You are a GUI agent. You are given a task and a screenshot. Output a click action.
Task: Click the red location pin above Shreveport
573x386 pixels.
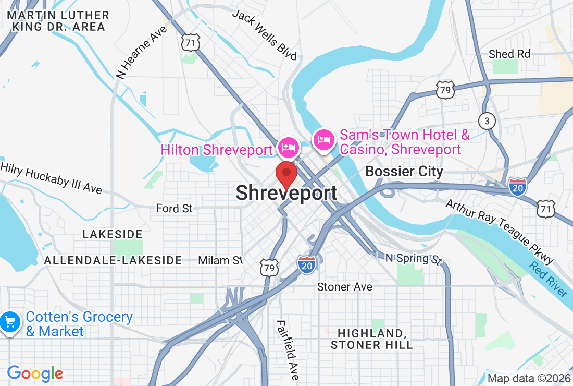point(286,174)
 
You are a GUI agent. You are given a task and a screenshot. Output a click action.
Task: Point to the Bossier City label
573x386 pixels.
point(404,171)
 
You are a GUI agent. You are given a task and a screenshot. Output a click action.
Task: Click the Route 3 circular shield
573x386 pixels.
point(487,122)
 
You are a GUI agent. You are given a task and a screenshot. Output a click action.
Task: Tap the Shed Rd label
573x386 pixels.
point(509,54)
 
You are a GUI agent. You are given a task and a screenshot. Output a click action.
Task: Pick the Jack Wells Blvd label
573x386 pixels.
point(265,34)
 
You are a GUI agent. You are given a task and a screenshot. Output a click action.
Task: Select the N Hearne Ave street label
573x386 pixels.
point(142,52)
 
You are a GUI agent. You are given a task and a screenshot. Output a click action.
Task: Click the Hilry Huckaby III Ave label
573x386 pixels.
point(51,177)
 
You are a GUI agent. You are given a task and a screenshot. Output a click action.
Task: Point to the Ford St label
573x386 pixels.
point(174,209)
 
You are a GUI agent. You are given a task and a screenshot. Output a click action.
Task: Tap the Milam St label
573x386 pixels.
point(221,260)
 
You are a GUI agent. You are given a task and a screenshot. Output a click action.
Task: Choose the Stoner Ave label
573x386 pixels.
point(345,287)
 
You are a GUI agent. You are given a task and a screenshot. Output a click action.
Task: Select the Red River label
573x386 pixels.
point(548,279)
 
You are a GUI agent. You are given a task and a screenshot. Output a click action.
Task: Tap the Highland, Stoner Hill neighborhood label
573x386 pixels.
point(371,339)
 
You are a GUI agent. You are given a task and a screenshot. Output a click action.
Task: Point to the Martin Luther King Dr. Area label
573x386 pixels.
point(58,21)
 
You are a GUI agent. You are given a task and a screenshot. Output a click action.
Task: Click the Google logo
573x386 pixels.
point(35,373)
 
